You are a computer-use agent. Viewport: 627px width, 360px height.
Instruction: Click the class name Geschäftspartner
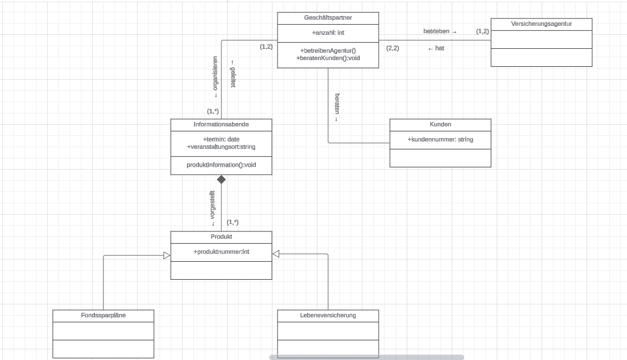point(328,18)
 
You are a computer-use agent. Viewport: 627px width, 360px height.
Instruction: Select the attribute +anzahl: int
point(328,33)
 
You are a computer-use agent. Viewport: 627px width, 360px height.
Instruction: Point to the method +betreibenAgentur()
point(328,51)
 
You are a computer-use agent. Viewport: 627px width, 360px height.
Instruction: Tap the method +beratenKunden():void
point(328,58)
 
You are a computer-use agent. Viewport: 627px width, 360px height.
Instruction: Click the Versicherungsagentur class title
point(541,24)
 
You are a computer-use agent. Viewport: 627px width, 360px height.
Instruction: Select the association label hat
point(436,48)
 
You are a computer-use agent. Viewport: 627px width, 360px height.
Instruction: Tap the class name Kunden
point(440,124)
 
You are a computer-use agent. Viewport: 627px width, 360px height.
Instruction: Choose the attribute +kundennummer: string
point(440,139)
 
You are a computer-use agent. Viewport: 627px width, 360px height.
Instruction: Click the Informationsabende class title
point(221,124)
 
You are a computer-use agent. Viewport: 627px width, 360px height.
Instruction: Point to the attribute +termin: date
point(221,139)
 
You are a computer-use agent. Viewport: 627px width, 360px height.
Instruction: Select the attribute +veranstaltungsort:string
point(221,147)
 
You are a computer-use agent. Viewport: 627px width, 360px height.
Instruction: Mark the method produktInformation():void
point(221,165)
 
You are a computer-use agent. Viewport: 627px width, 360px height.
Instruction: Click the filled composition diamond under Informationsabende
point(221,180)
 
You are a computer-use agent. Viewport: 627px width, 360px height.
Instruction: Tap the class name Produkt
point(221,236)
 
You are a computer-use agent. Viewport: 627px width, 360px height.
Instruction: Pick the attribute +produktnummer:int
point(221,252)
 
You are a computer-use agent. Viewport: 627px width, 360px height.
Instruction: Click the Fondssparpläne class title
point(103,315)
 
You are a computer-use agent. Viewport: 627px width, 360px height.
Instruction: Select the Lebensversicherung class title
point(328,315)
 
